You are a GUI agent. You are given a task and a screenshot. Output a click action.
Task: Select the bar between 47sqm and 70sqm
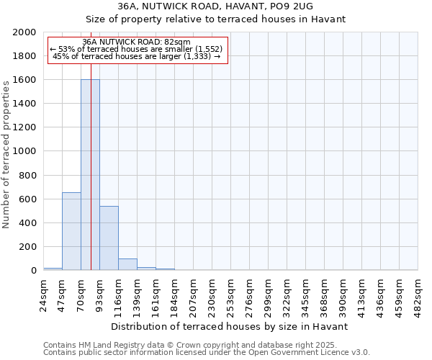[x=71, y=232]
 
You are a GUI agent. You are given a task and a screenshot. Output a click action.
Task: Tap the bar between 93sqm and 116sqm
[x=109, y=238]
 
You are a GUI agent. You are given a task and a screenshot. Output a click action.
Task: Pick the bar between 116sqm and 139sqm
[x=127, y=264]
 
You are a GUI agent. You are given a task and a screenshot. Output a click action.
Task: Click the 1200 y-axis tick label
[x=25, y=127]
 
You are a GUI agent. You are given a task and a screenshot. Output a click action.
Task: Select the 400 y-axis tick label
[x=28, y=223]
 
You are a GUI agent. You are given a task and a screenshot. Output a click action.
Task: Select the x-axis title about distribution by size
[x=230, y=326]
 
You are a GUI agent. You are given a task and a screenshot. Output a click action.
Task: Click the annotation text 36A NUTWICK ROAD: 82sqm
[x=136, y=42]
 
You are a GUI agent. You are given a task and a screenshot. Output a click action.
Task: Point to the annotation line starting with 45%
[x=136, y=56]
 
